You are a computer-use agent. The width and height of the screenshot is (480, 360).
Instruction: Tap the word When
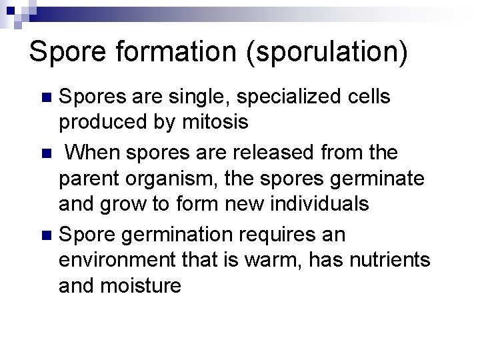[93, 153]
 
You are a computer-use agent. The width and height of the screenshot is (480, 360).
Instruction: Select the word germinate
[373, 179]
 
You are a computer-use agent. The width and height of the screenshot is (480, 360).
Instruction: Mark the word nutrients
[391, 259]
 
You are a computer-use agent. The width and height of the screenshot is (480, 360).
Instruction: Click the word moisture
[141, 285]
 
